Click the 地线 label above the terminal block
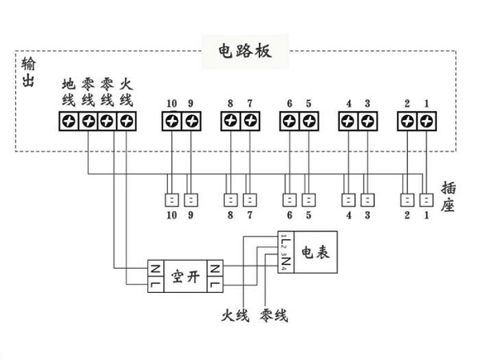coord(68,92)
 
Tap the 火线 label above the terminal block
coord(126,92)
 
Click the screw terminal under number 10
coord(172,122)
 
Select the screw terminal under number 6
coord(290,122)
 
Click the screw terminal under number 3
coord(367,122)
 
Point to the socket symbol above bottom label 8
coord(230,199)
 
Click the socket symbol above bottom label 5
coord(309,199)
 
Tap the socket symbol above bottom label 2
coord(407,199)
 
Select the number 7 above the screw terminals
coord(250,103)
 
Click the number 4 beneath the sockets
coord(348,215)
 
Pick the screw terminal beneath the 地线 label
coord(69,122)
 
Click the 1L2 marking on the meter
coord(284,241)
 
